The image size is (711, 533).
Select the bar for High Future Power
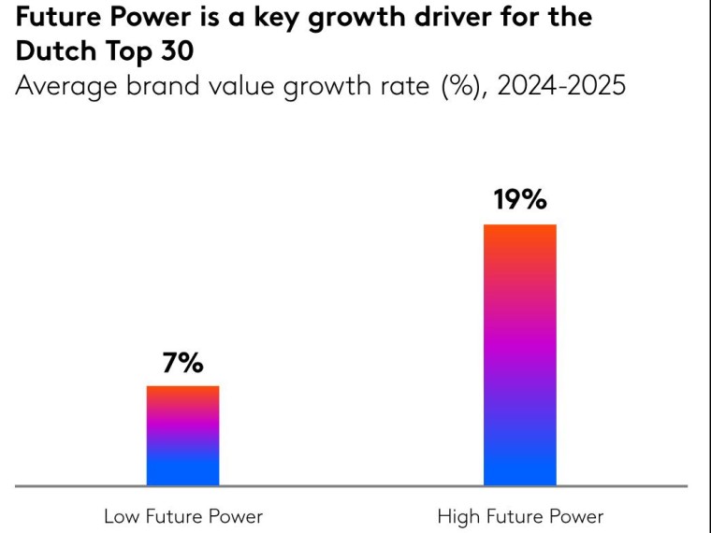[x=519, y=355]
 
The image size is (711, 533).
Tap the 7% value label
[x=182, y=364]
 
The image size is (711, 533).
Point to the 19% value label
[x=520, y=200]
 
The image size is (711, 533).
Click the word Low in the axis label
[x=121, y=516]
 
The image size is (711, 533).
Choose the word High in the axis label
[x=457, y=516]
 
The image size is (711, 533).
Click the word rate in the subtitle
[x=401, y=87]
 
